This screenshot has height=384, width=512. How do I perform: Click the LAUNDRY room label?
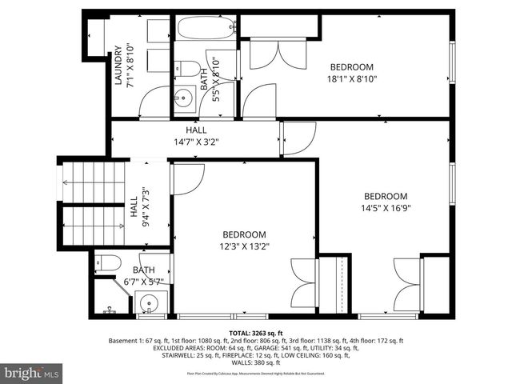pyautogui.click(x=118, y=68)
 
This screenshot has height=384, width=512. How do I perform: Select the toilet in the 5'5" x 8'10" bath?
pyautogui.click(x=187, y=67)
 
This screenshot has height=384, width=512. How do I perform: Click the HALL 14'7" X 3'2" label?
pyautogui.click(x=196, y=136)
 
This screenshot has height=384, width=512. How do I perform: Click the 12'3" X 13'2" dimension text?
pyautogui.click(x=245, y=246)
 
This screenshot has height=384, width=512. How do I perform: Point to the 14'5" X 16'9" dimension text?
pyautogui.click(x=386, y=208)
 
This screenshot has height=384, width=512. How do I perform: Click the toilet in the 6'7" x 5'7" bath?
pyautogui.click(x=108, y=262)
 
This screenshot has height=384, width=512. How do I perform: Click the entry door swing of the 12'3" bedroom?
pyautogui.click(x=187, y=178)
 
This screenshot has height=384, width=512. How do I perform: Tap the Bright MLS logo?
pyautogui.click(x=32, y=373)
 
